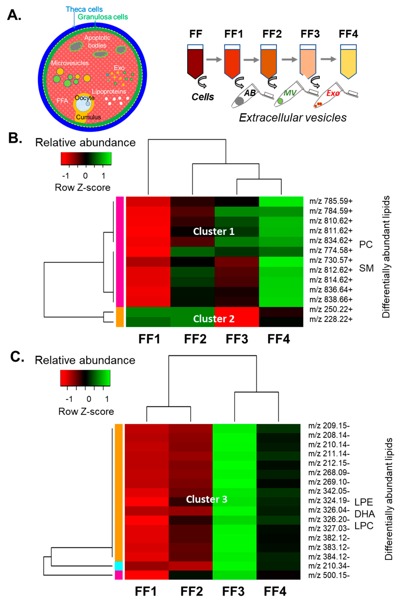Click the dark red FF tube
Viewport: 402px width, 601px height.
[195, 62]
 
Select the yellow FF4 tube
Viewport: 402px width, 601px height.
[348, 62]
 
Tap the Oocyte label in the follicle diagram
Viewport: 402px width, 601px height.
[85, 98]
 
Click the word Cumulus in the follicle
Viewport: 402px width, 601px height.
[89, 117]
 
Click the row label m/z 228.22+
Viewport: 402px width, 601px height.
[331, 319]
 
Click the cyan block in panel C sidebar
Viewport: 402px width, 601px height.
[119, 566]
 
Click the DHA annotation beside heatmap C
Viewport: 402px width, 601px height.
[365, 514]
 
